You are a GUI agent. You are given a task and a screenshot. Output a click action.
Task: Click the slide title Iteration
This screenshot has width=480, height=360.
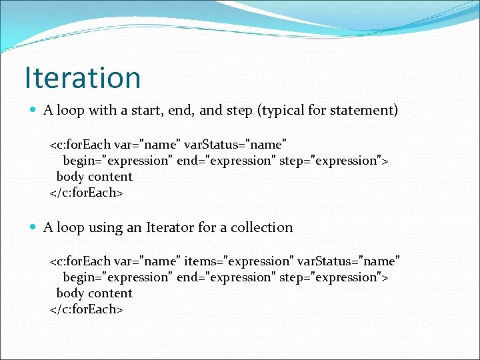[x=83, y=77]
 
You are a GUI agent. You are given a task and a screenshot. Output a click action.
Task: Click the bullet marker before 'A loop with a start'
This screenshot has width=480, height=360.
[x=33, y=111]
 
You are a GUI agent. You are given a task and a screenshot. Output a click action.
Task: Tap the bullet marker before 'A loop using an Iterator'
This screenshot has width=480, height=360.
[x=33, y=228]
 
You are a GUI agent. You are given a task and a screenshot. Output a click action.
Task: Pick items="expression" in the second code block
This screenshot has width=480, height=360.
[x=239, y=261]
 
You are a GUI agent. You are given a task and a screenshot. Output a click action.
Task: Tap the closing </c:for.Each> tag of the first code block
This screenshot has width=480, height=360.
[x=87, y=193]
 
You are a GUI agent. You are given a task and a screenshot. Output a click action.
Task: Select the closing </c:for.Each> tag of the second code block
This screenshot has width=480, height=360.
[x=87, y=309]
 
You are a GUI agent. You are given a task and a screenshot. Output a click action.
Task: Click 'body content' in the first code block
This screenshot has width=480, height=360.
[x=95, y=177]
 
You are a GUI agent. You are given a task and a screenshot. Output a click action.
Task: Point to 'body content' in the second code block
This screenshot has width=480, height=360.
[x=95, y=293]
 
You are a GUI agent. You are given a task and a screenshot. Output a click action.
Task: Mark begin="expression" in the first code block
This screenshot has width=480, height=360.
[x=117, y=161]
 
